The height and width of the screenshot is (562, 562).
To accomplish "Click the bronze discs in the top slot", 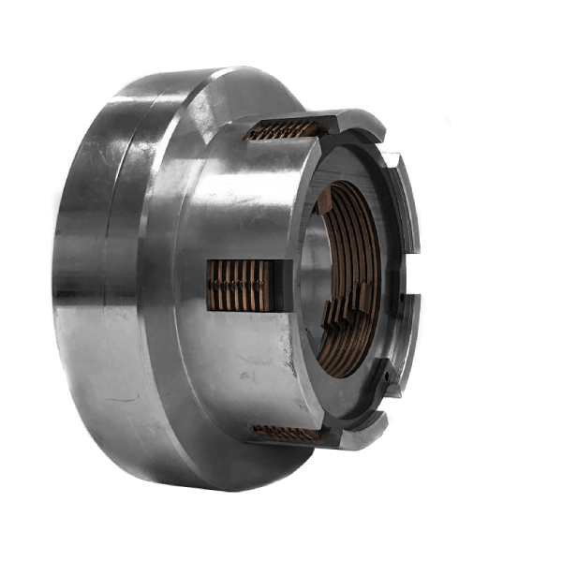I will [281, 129].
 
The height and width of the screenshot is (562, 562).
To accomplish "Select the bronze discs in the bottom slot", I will [286, 432].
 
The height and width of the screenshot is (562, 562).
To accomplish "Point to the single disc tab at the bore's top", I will [324, 200].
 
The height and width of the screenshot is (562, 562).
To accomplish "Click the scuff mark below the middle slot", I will [248, 375].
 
